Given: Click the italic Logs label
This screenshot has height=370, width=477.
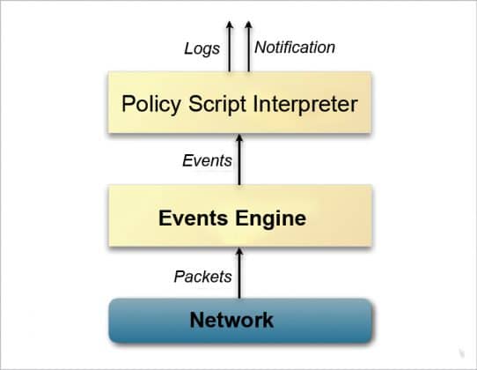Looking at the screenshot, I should [202, 48].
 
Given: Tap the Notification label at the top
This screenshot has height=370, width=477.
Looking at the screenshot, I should [295, 48].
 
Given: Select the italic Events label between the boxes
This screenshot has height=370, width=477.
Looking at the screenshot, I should [207, 160].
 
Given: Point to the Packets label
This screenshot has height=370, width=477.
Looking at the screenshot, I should [202, 276].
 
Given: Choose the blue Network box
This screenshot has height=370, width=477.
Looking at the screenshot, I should [238, 319].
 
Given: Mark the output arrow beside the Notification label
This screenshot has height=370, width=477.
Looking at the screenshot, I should [246, 48].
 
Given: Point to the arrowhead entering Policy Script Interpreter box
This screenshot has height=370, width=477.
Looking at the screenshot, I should [239, 141].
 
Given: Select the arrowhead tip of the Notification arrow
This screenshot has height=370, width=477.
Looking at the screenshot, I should [246, 23].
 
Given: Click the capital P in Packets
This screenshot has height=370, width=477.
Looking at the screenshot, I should [178, 276].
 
